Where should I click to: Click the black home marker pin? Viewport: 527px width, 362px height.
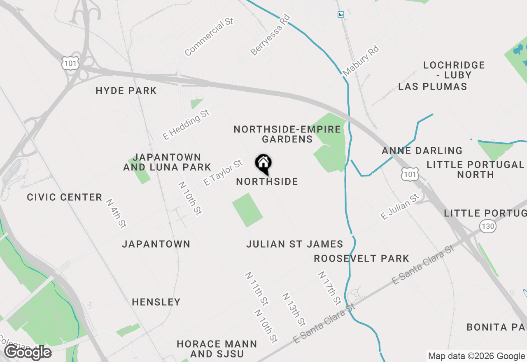[263, 164]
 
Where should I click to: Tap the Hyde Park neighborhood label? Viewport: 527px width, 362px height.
[126, 90]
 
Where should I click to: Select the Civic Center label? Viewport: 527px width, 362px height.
[65, 197]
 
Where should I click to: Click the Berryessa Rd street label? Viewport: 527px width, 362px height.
[270, 35]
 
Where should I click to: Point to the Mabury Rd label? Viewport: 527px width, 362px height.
[360, 61]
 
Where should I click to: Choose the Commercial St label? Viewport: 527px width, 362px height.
[209, 37]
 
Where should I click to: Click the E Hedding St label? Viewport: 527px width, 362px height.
[186, 124]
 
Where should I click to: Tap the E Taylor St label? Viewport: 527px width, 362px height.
[223, 173]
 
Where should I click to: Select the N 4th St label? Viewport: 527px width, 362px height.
[116, 213]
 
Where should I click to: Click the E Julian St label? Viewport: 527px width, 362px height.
[400, 207]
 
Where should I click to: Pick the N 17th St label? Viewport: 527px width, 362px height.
[329, 288]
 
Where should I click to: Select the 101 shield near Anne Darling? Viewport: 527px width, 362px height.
[410, 174]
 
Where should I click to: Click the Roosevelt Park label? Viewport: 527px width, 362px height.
[361, 258]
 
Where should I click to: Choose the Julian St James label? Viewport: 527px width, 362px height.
[295, 244]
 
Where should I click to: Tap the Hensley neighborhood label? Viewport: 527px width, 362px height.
[156, 302]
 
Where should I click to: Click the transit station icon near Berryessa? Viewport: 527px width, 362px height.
[340, 14]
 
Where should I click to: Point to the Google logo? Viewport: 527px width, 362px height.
[28, 352]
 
